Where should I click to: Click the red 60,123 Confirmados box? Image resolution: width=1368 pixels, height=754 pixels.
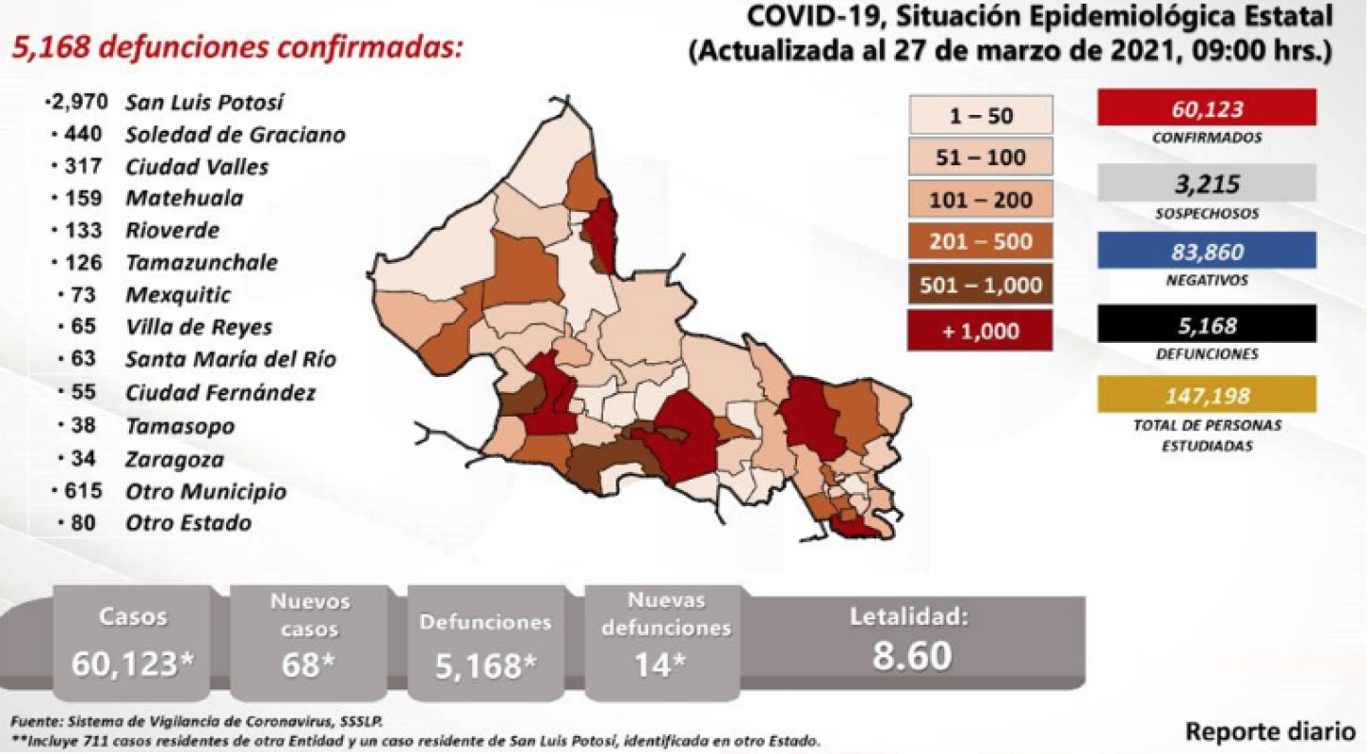[1206, 107]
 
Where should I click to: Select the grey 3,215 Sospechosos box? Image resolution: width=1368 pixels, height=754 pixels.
[1206, 182]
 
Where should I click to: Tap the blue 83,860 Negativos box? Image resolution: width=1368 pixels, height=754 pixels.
[1206, 252]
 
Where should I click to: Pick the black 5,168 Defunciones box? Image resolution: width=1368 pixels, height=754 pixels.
[1206, 324]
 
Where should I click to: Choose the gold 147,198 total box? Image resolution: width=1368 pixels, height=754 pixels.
[1206, 394]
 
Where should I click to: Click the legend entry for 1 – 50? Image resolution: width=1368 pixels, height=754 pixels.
[980, 116]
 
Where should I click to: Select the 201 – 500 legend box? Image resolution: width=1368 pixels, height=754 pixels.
[980, 241]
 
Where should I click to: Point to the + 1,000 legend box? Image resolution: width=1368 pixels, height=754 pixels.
[980, 331]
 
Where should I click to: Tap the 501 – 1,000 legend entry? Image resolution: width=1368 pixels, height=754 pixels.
[980, 285]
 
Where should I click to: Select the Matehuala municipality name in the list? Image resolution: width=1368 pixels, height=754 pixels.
[184, 198]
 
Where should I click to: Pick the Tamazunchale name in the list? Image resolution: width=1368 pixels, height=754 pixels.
[201, 262]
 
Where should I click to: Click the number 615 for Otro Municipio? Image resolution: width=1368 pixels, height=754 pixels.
[86, 491]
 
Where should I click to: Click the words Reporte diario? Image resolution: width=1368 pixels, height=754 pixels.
[1270, 732]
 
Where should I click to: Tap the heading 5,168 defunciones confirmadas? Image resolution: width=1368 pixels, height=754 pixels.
[237, 47]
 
